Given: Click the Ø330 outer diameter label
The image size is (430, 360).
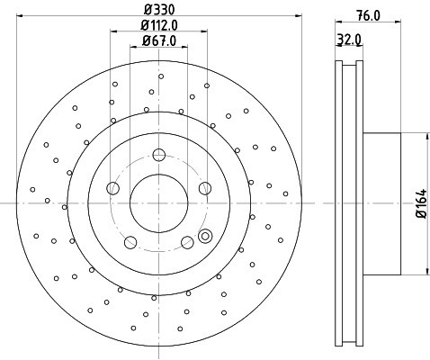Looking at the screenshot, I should pos(158,11).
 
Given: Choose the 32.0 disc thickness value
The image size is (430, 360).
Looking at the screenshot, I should pos(348,39).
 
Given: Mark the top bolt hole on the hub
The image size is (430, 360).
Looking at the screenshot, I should pos(159,153).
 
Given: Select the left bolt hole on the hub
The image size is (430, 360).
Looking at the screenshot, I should pos(112,188).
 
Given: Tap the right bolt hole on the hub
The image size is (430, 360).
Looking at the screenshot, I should pos(206,188).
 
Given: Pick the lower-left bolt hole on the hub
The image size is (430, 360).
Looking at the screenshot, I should pos(130,241).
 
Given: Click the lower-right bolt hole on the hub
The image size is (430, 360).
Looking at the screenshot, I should pos(188,241).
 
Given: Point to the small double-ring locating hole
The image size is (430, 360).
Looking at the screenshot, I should pos(204,237).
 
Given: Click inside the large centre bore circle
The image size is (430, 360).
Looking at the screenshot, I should pos(159,202).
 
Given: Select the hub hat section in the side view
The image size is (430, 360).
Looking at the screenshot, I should pos(382,204).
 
